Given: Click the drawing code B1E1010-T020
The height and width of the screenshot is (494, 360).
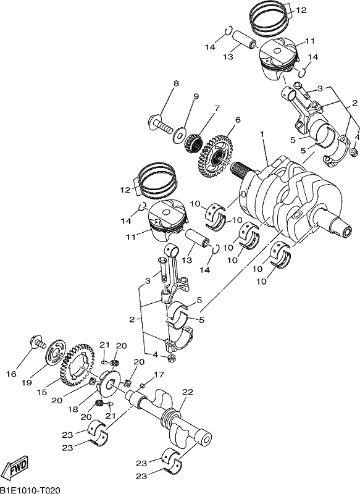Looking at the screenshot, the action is [x=30, y=489].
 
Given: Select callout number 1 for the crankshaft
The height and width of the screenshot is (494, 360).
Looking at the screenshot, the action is [x=261, y=134].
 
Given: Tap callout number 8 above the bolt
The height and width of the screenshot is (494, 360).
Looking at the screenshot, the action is [x=176, y=83].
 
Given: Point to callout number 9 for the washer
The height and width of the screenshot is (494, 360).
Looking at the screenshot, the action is [x=196, y=97].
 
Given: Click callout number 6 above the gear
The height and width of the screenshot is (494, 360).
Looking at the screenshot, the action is [x=237, y=120].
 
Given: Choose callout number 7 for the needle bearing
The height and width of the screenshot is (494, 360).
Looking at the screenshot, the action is [x=217, y=109].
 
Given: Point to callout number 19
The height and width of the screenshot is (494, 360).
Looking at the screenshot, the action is [x=27, y=382].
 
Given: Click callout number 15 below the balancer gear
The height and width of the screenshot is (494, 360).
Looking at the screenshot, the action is [x=42, y=392].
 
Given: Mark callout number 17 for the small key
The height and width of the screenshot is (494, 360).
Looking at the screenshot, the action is [x=159, y=375].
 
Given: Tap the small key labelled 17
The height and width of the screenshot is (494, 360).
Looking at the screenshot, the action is [x=142, y=385].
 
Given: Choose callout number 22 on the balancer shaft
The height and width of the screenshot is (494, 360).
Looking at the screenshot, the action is [x=187, y=392].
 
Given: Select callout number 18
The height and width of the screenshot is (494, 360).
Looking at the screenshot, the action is [x=73, y=409].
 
